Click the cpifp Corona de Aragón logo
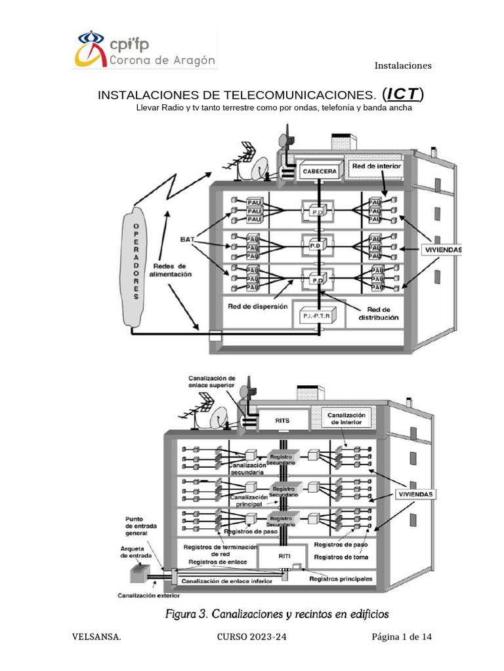point(144,49)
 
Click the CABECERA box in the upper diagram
point(320,172)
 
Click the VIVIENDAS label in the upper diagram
point(441,250)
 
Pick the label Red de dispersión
point(257,306)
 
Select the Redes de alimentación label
point(172,271)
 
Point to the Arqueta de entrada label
point(136,552)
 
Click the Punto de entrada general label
point(140,526)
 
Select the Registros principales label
point(341,579)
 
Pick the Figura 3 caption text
point(276,615)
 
